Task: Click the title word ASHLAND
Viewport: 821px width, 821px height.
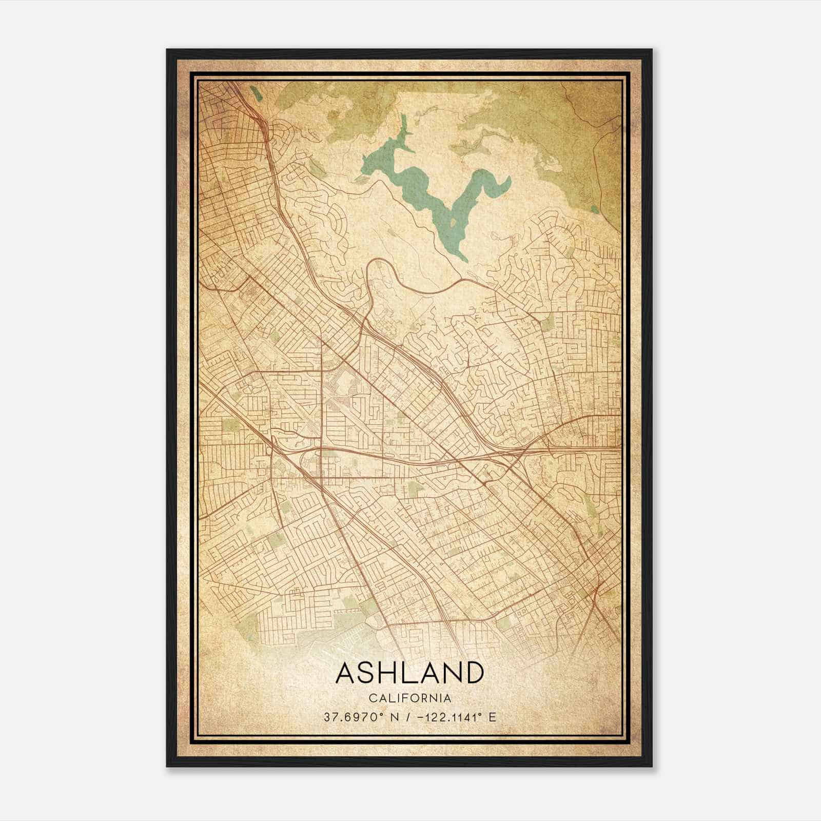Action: point(409,673)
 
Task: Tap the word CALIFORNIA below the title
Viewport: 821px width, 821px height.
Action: point(409,698)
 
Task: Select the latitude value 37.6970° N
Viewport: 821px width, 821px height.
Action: point(355,717)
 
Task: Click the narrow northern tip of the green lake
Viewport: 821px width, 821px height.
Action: point(404,119)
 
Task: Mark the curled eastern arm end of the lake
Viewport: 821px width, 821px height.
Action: point(508,181)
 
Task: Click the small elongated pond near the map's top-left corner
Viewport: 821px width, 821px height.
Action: point(255,94)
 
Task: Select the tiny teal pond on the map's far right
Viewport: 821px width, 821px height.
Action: point(594,209)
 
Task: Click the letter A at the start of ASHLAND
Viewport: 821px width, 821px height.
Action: point(345,673)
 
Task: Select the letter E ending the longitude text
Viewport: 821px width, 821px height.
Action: point(493,717)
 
